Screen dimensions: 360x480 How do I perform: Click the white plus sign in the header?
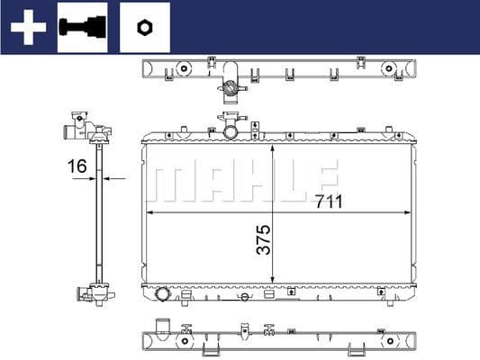tap(28, 27)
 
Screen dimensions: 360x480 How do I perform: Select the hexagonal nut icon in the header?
tap(143, 27)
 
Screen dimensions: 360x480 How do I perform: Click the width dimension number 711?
tap(330, 202)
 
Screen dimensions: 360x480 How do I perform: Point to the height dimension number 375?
tap(264, 239)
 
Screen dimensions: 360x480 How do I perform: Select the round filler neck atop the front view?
tap(231, 131)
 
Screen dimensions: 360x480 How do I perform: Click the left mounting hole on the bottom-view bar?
tap(186, 340)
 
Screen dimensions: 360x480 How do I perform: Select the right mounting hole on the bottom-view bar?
tap(389, 340)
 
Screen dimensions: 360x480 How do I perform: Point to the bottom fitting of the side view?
tap(93, 293)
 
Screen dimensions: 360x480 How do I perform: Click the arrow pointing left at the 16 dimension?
tap(109, 178)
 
